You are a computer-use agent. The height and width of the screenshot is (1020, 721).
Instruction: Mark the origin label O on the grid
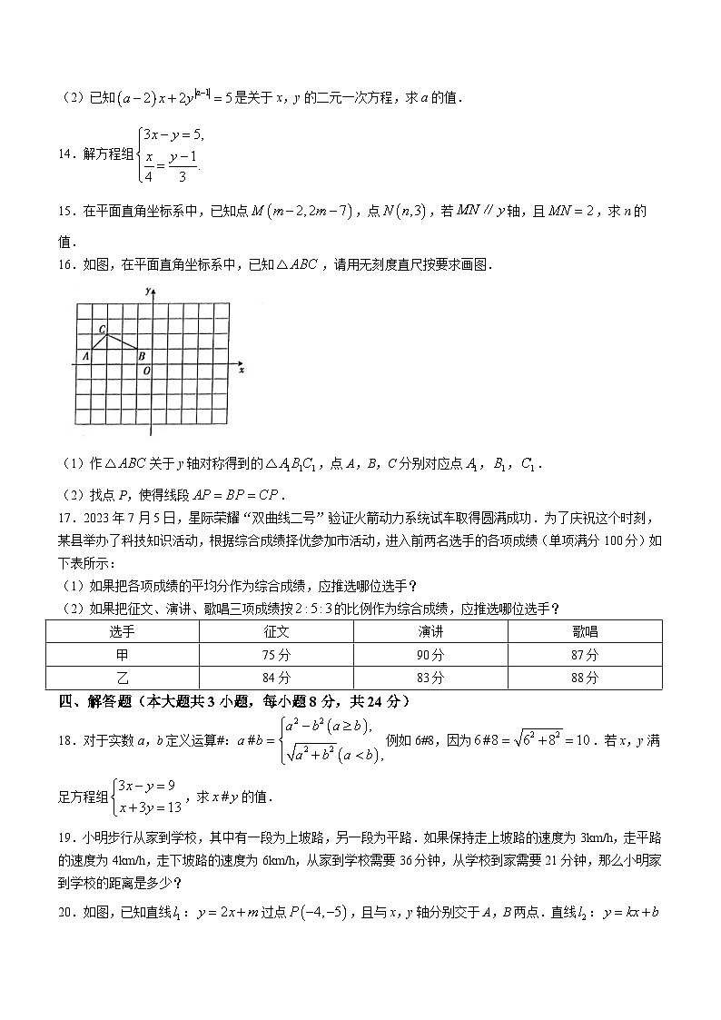[x=147, y=371]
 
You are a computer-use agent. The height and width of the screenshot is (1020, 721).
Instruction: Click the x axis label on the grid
[x=241, y=371]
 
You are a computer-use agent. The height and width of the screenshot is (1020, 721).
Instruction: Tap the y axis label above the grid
[x=147, y=289]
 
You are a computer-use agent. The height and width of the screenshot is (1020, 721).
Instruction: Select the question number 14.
[x=64, y=154]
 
